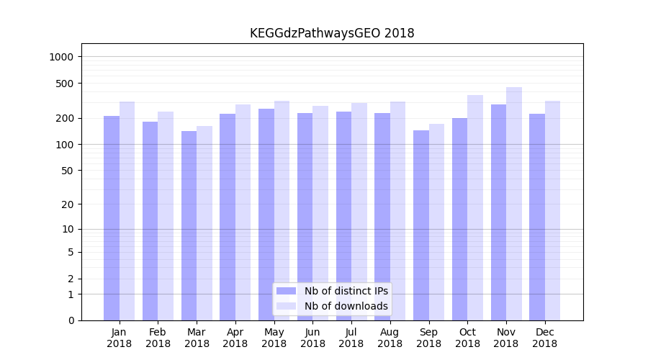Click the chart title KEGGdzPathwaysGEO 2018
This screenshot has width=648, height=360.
(332, 33)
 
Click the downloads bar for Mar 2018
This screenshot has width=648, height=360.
(204, 223)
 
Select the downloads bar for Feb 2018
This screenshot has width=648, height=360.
(166, 216)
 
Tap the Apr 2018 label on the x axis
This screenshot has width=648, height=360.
(235, 338)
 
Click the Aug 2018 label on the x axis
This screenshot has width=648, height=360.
(390, 338)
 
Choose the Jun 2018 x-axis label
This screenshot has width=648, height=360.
(312, 338)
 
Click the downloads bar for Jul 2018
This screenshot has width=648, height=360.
(359, 212)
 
